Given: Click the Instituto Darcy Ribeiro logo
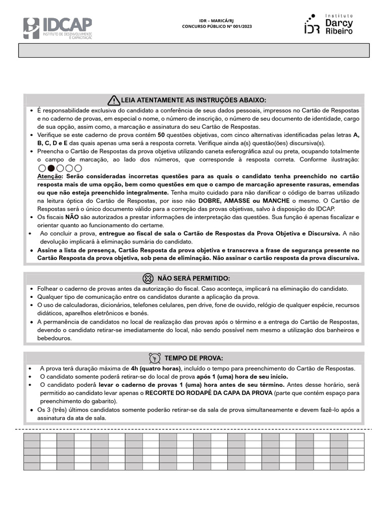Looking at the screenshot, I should pos(328,24).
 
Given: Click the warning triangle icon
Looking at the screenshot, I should pos(114,99).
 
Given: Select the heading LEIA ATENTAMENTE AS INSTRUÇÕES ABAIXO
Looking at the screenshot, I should pos(194,100).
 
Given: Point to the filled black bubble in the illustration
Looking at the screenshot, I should pos(51,168).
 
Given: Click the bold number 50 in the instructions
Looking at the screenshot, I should pos(161,135).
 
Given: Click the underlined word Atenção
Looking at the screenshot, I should pos(48,176).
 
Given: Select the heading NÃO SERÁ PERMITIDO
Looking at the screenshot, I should pos(193,279).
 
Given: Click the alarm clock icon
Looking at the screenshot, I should pos(155,358).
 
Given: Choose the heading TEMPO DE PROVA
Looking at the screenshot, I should pos(193,358).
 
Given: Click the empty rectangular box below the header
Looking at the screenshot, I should pos(194,50).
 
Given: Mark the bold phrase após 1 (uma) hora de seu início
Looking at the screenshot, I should pos(242,377).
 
